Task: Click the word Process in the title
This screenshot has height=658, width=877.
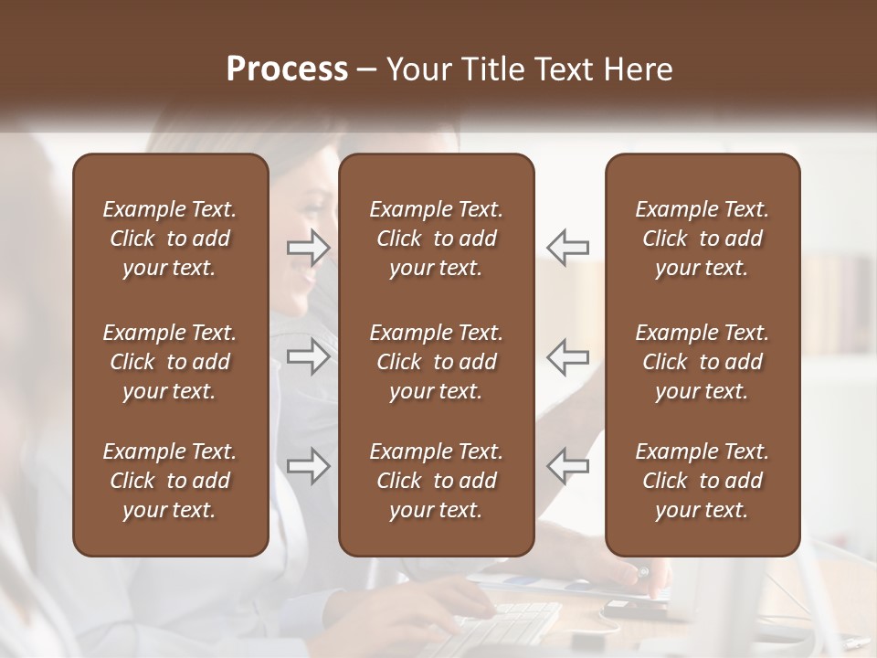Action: pos(287,69)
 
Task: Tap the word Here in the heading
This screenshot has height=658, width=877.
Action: pos(638,69)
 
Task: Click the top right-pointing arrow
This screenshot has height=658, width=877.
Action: pos(309,247)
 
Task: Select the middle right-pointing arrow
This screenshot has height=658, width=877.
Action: pos(309,356)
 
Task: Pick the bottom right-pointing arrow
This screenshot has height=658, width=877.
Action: pos(309,466)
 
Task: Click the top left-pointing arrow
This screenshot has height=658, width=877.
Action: pos(567,247)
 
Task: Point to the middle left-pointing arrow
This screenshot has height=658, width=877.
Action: pos(567,356)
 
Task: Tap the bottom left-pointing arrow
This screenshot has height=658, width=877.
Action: pos(567,466)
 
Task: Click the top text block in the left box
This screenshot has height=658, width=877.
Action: pos(170,239)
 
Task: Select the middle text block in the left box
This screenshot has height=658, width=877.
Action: pos(170,362)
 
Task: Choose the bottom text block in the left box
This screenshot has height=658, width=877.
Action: pos(170,481)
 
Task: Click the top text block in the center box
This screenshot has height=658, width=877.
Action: pos(436,239)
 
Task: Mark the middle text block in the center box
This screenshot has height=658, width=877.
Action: pos(436,362)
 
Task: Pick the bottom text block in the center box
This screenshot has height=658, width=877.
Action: pos(436,481)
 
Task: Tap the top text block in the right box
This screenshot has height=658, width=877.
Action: pos(702,239)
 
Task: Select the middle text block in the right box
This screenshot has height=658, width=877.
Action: pos(702,362)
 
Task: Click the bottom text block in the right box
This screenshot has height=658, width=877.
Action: pos(702,481)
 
